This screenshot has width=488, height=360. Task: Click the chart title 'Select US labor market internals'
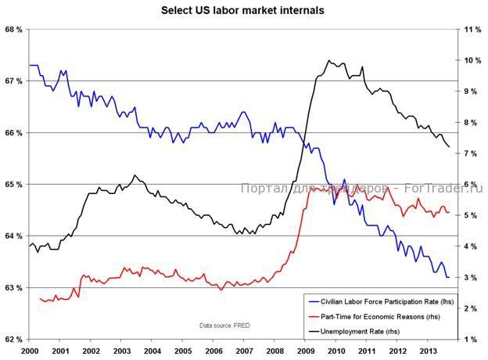click(x=242, y=11)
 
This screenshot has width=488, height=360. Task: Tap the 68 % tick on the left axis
click(x=13, y=29)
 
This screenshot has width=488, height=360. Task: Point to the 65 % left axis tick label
click(x=13, y=184)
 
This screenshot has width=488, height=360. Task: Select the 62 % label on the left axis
click(x=13, y=339)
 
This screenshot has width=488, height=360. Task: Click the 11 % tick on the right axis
click(x=472, y=29)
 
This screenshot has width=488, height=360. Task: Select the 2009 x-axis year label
click(x=305, y=350)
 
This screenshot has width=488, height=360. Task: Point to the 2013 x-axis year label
click(x=428, y=350)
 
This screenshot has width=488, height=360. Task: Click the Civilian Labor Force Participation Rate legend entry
click(x=382, y=301)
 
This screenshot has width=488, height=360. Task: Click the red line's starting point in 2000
click(x=39, y=298)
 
